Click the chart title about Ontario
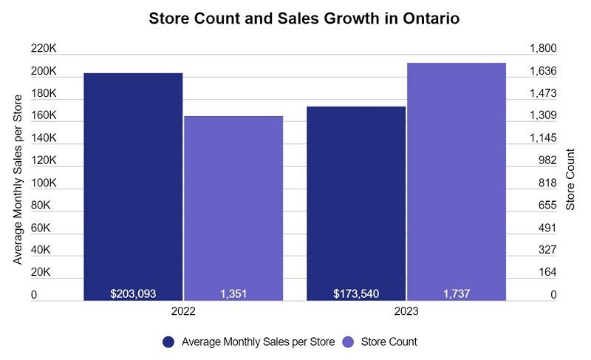304,18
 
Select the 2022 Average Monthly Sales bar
133,185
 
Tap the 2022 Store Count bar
233,207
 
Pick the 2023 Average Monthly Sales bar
356,200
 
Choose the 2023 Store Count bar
457,181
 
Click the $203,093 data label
133,293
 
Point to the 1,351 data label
233,293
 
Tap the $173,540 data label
356,293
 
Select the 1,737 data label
457,293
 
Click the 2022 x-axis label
183,313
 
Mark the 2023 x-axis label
406,313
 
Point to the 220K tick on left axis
44,49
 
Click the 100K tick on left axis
44,183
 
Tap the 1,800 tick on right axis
543,49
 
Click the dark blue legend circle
168,342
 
